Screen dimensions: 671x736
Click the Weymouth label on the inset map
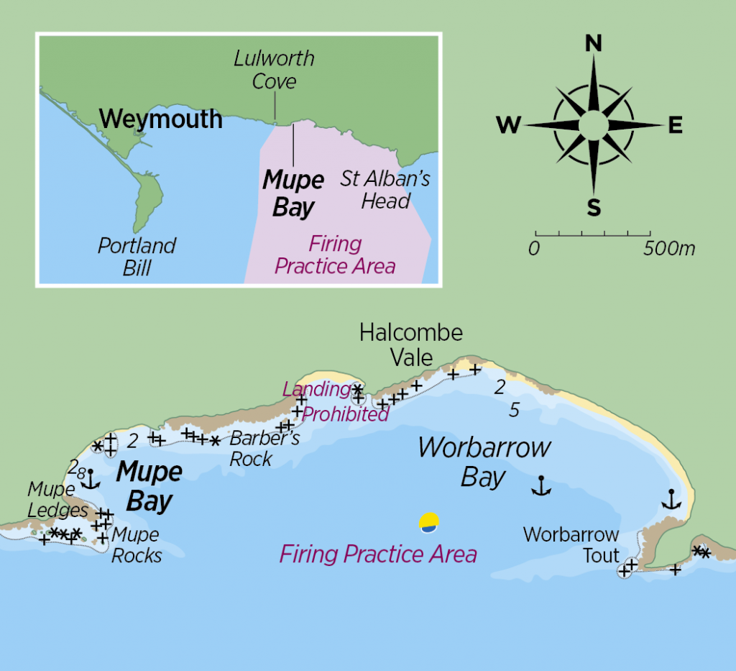[161, 119]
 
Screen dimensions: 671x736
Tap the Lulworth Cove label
[274, 70]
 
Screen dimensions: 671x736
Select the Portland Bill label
[137, 256]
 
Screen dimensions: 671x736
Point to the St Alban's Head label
[385, 189]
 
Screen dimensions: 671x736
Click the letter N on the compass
[594, 45]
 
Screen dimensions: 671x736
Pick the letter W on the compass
[508, 126]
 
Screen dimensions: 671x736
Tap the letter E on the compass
[675, 126]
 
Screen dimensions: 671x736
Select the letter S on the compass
[594, 208]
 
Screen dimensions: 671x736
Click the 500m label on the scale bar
[670, 250]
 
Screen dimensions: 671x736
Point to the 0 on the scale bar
[534, 250]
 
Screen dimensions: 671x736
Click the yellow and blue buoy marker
[429, 523]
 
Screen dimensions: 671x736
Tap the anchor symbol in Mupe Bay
[90, 480]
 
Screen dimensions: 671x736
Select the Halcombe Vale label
[411, 344]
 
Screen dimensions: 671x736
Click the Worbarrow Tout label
[571, 544]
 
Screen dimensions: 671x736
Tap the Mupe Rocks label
[137, 544]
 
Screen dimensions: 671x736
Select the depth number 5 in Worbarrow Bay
[514, 410]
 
